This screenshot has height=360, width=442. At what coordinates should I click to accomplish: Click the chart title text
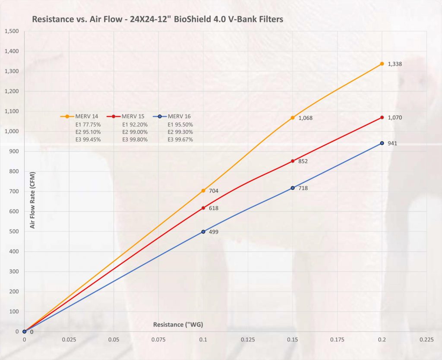pyautogui.click(x=158, y=20)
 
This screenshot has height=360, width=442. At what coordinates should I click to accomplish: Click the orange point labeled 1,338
pyautogui.click(x=382, y=64)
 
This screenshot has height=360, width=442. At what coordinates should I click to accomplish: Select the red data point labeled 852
pyautogui.click(x=293, y=161)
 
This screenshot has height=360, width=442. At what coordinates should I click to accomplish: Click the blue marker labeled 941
pyautogui.click(x=382, y=143)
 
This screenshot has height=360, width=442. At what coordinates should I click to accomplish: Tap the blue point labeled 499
pyautogui.click(x=203, y=232)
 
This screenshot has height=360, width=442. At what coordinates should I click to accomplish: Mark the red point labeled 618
pyautogui.click(x=203, y=208)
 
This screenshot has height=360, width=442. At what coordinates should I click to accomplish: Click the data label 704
pyautogui.click(x=214, y=190)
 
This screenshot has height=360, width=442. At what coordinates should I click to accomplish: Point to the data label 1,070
pyautogui.click(x=395, y=117)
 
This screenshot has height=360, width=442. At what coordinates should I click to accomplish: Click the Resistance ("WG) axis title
pyautogui.click(x=178, y=324)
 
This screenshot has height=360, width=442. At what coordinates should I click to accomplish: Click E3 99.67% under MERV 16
pyautogui.click(x=180, y=139)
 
